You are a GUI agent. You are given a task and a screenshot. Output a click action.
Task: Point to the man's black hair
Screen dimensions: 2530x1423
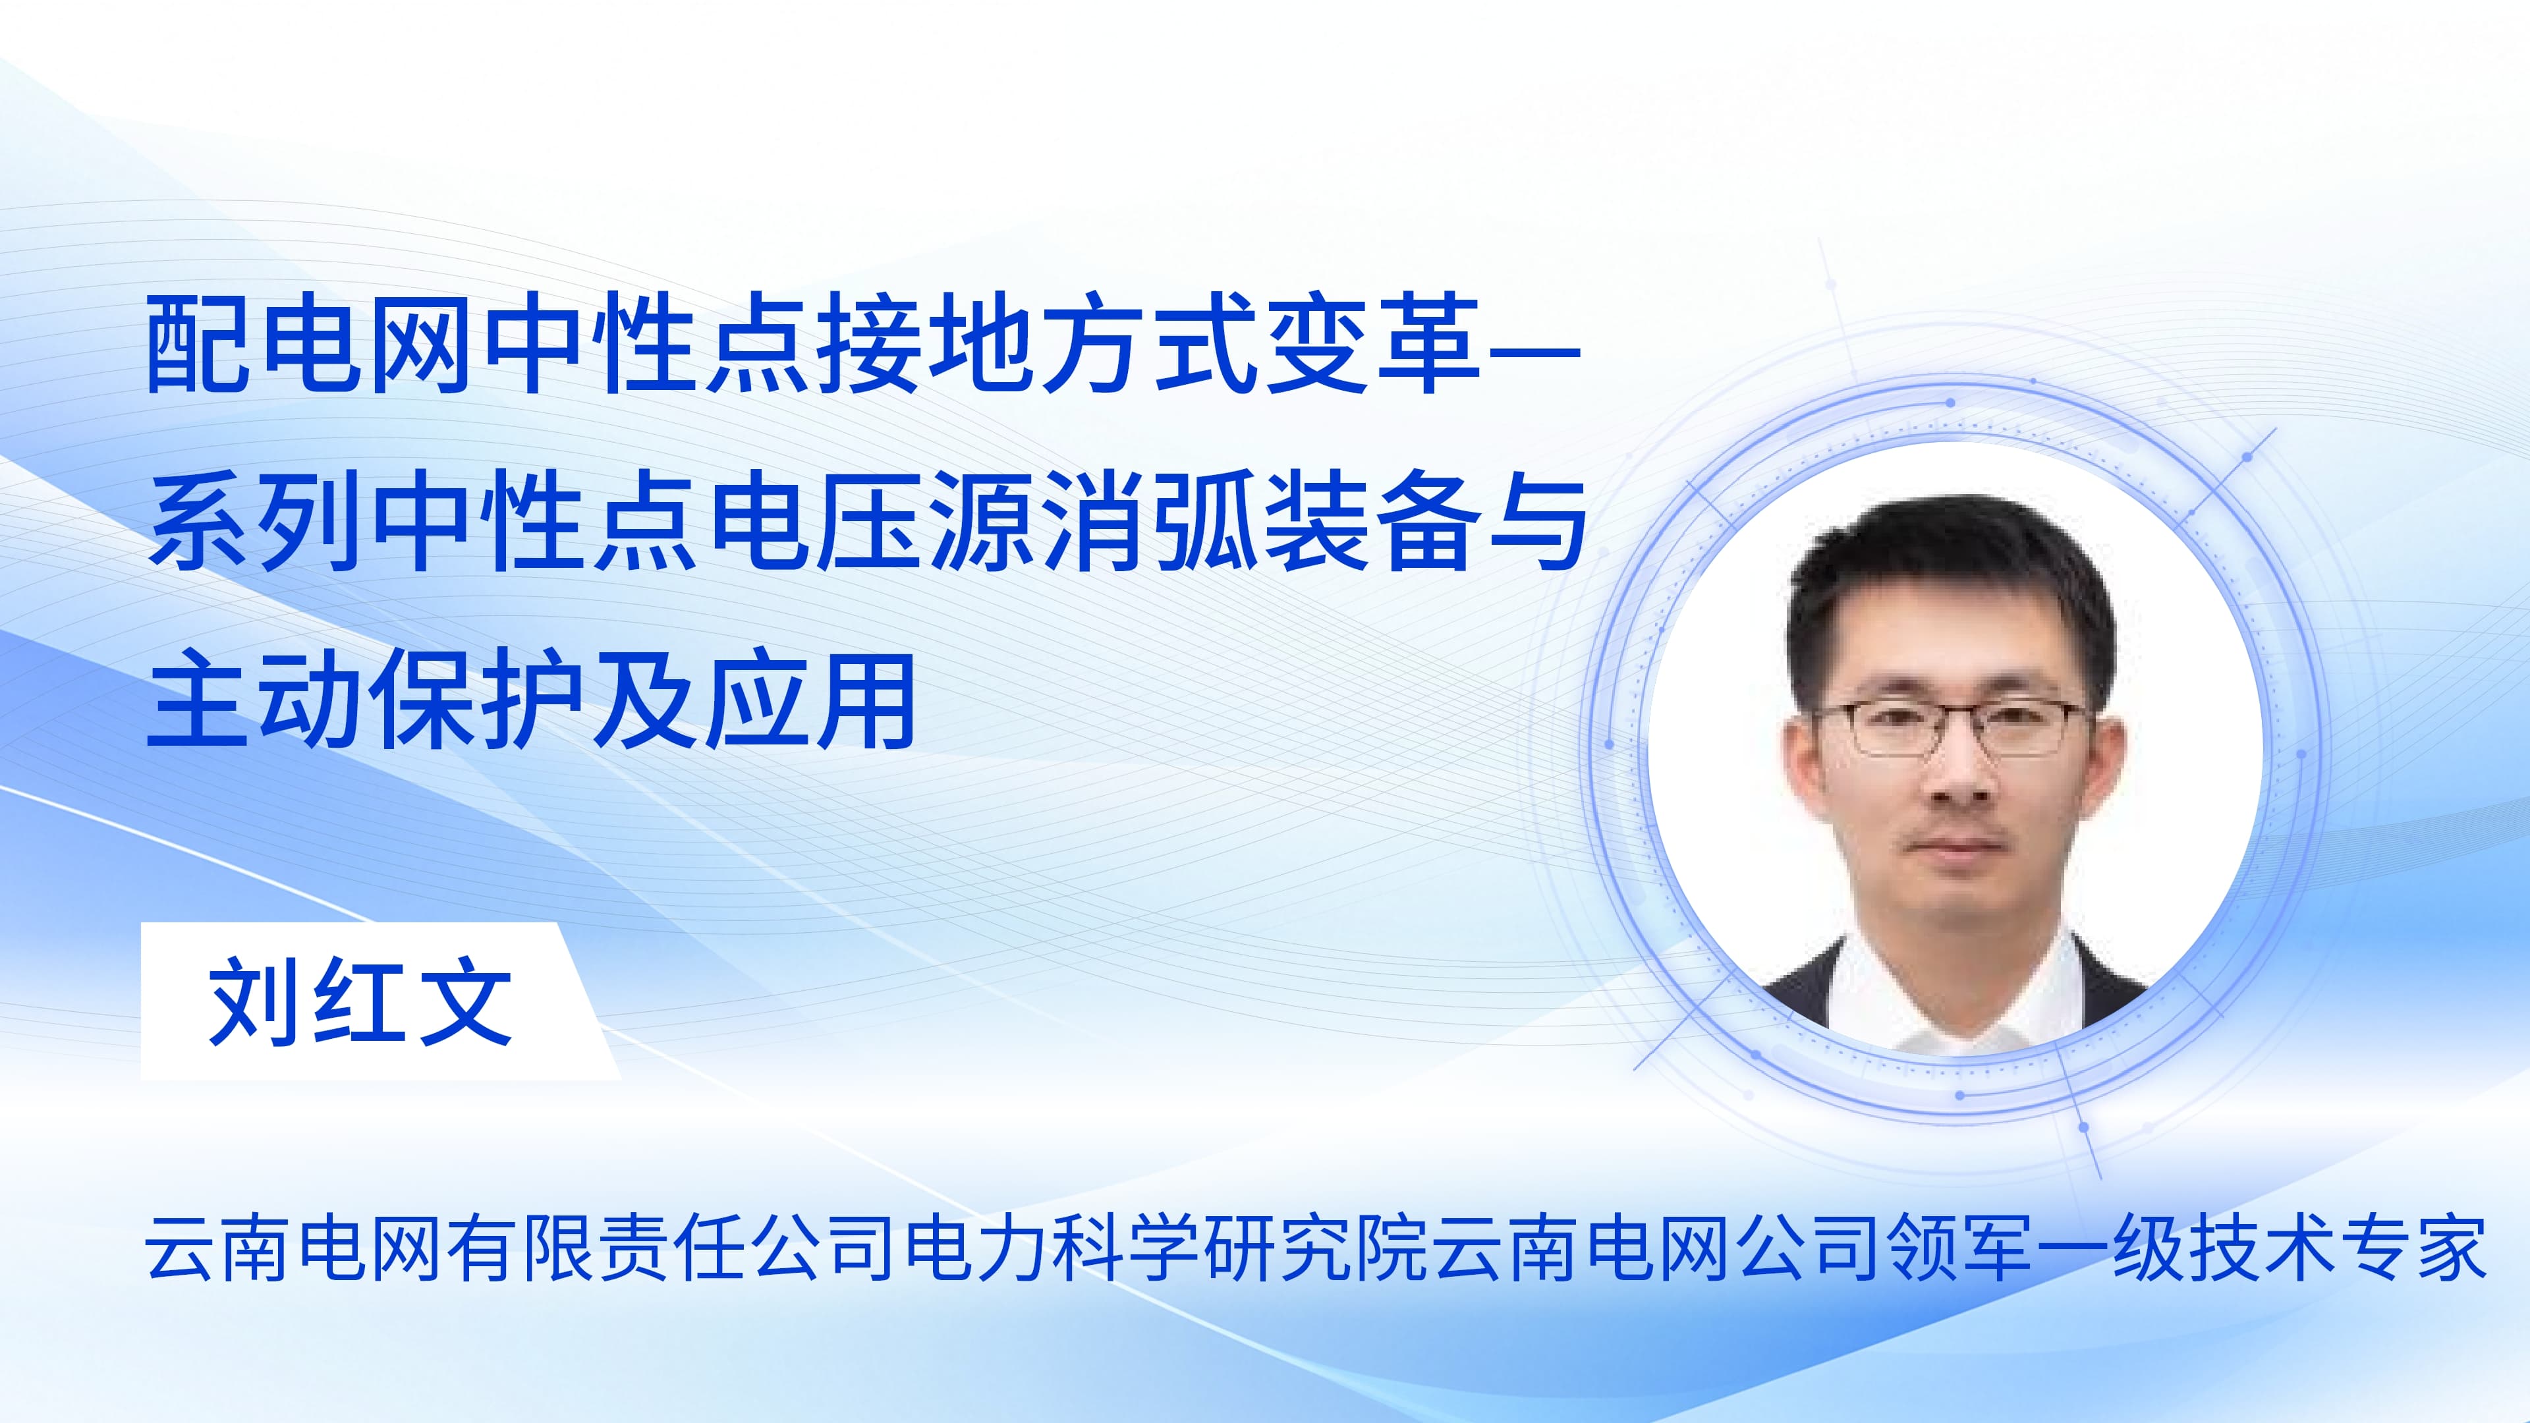(x=1950, y=580)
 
